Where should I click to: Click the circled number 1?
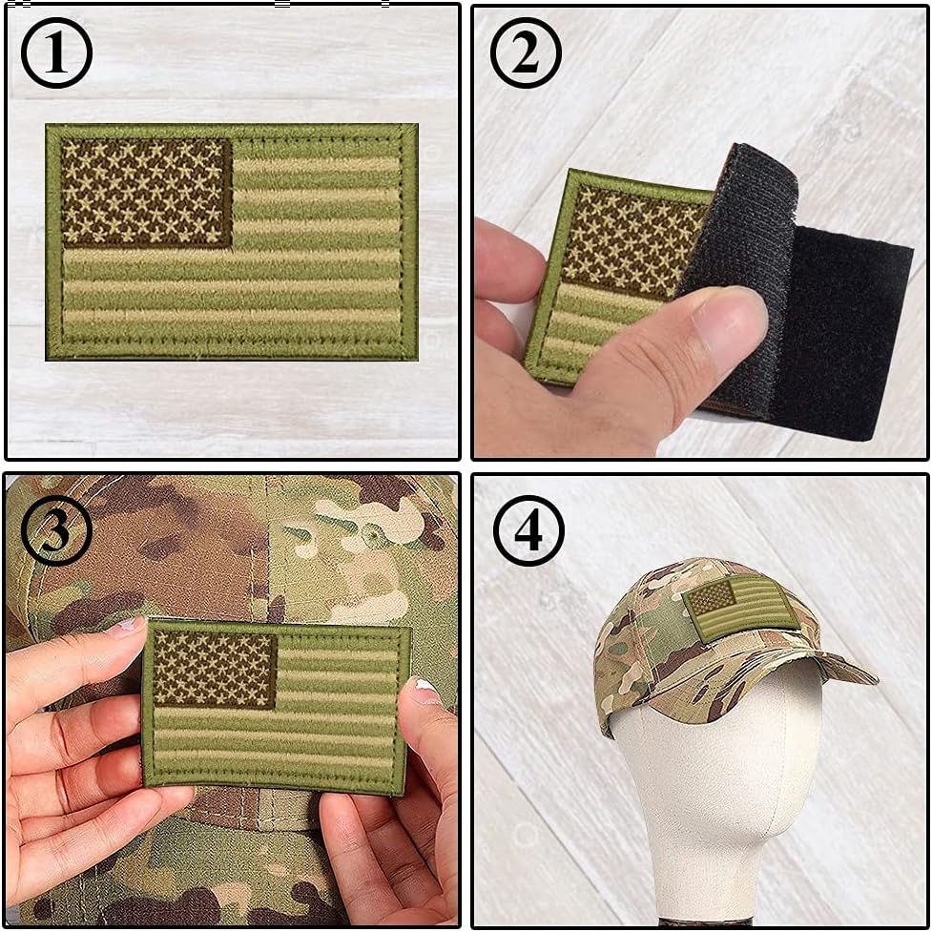point(56,54)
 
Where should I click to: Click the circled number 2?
point(526,54)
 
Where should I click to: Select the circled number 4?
point(528,530)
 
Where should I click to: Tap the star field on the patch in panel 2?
point(630,238)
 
